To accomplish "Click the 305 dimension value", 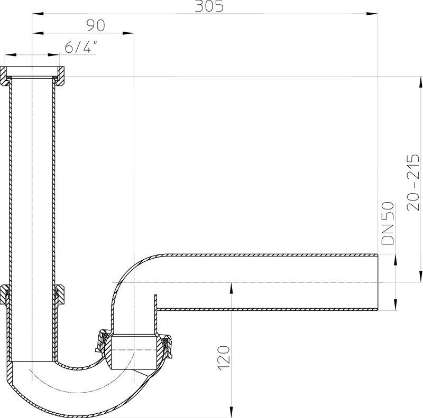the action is point(209,6).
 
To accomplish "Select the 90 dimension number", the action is point(96,25).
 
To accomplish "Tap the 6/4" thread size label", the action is point(81,47).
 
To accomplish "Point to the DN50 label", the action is point(388,223).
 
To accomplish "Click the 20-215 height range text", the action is point(413,182).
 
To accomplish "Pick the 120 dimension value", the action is point(224,358).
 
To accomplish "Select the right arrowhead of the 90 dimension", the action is point(128,33).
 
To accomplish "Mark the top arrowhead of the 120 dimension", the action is point(231,288).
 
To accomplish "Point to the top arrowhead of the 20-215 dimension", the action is point(420,82).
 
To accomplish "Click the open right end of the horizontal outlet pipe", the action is point(378,282).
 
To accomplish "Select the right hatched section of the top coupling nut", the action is point(60,76).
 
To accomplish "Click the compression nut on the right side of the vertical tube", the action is point(59,294).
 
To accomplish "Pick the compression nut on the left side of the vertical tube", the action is point(5,294).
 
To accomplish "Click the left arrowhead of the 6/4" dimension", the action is point(11,55).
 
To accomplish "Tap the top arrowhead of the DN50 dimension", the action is point(395,260).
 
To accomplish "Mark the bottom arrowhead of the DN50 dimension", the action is point(395,305).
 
